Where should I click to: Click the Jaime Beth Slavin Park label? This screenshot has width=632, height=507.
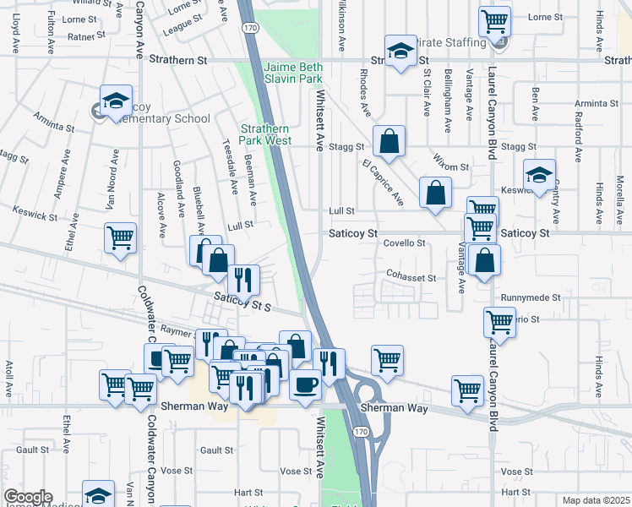click(x=293, y=73)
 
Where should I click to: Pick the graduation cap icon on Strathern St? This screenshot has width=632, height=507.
click(x=401, y=51)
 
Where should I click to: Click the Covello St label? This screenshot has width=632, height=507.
click(x=405, y=243)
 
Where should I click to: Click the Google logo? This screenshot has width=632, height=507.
click(x=28, y=497)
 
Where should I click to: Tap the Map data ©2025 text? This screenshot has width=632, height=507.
click(x=596, y=500)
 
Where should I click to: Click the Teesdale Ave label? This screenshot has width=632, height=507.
click(x=227, y=164)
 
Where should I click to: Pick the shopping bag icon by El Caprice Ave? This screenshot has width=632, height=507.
click(x=434, y=194)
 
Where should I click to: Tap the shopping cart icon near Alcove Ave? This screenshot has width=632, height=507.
click(x=120, y=237)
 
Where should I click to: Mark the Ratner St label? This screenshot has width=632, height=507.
click(x=86, y=36)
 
